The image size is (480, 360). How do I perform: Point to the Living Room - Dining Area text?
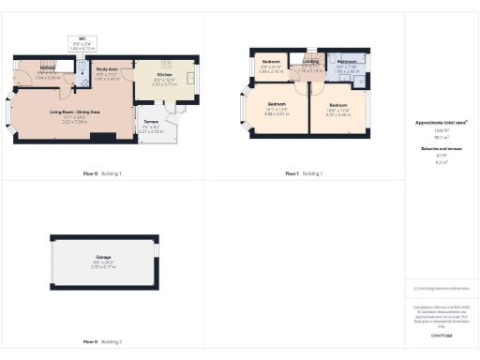point(74,112)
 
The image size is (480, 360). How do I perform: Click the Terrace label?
point(151,122)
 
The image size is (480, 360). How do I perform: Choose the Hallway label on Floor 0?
point(48,68)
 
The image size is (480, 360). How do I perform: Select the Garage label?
point(103,255)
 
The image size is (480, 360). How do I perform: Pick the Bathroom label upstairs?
point(347,61)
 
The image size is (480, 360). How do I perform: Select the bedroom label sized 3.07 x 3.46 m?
point(338,105)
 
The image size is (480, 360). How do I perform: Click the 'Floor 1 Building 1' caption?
point(303,173)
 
